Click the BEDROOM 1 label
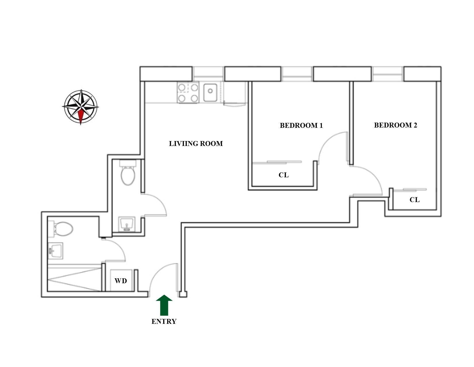pos(301,125)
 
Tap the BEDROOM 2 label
pos(395,125)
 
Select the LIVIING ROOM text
pos(196,144)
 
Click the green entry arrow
pos(164,305)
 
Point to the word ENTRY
pos(164,322)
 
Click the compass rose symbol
pos(81,107)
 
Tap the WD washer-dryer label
pos(121,281)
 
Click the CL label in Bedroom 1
pos(284,175)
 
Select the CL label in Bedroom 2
pos(414,200)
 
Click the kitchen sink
pos(210,92)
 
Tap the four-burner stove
pos(188,93)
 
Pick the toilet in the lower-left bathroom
pos(62,229)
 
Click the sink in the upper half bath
pos(126,224)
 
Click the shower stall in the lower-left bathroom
pos(74,279)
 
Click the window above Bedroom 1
pos(297,74)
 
